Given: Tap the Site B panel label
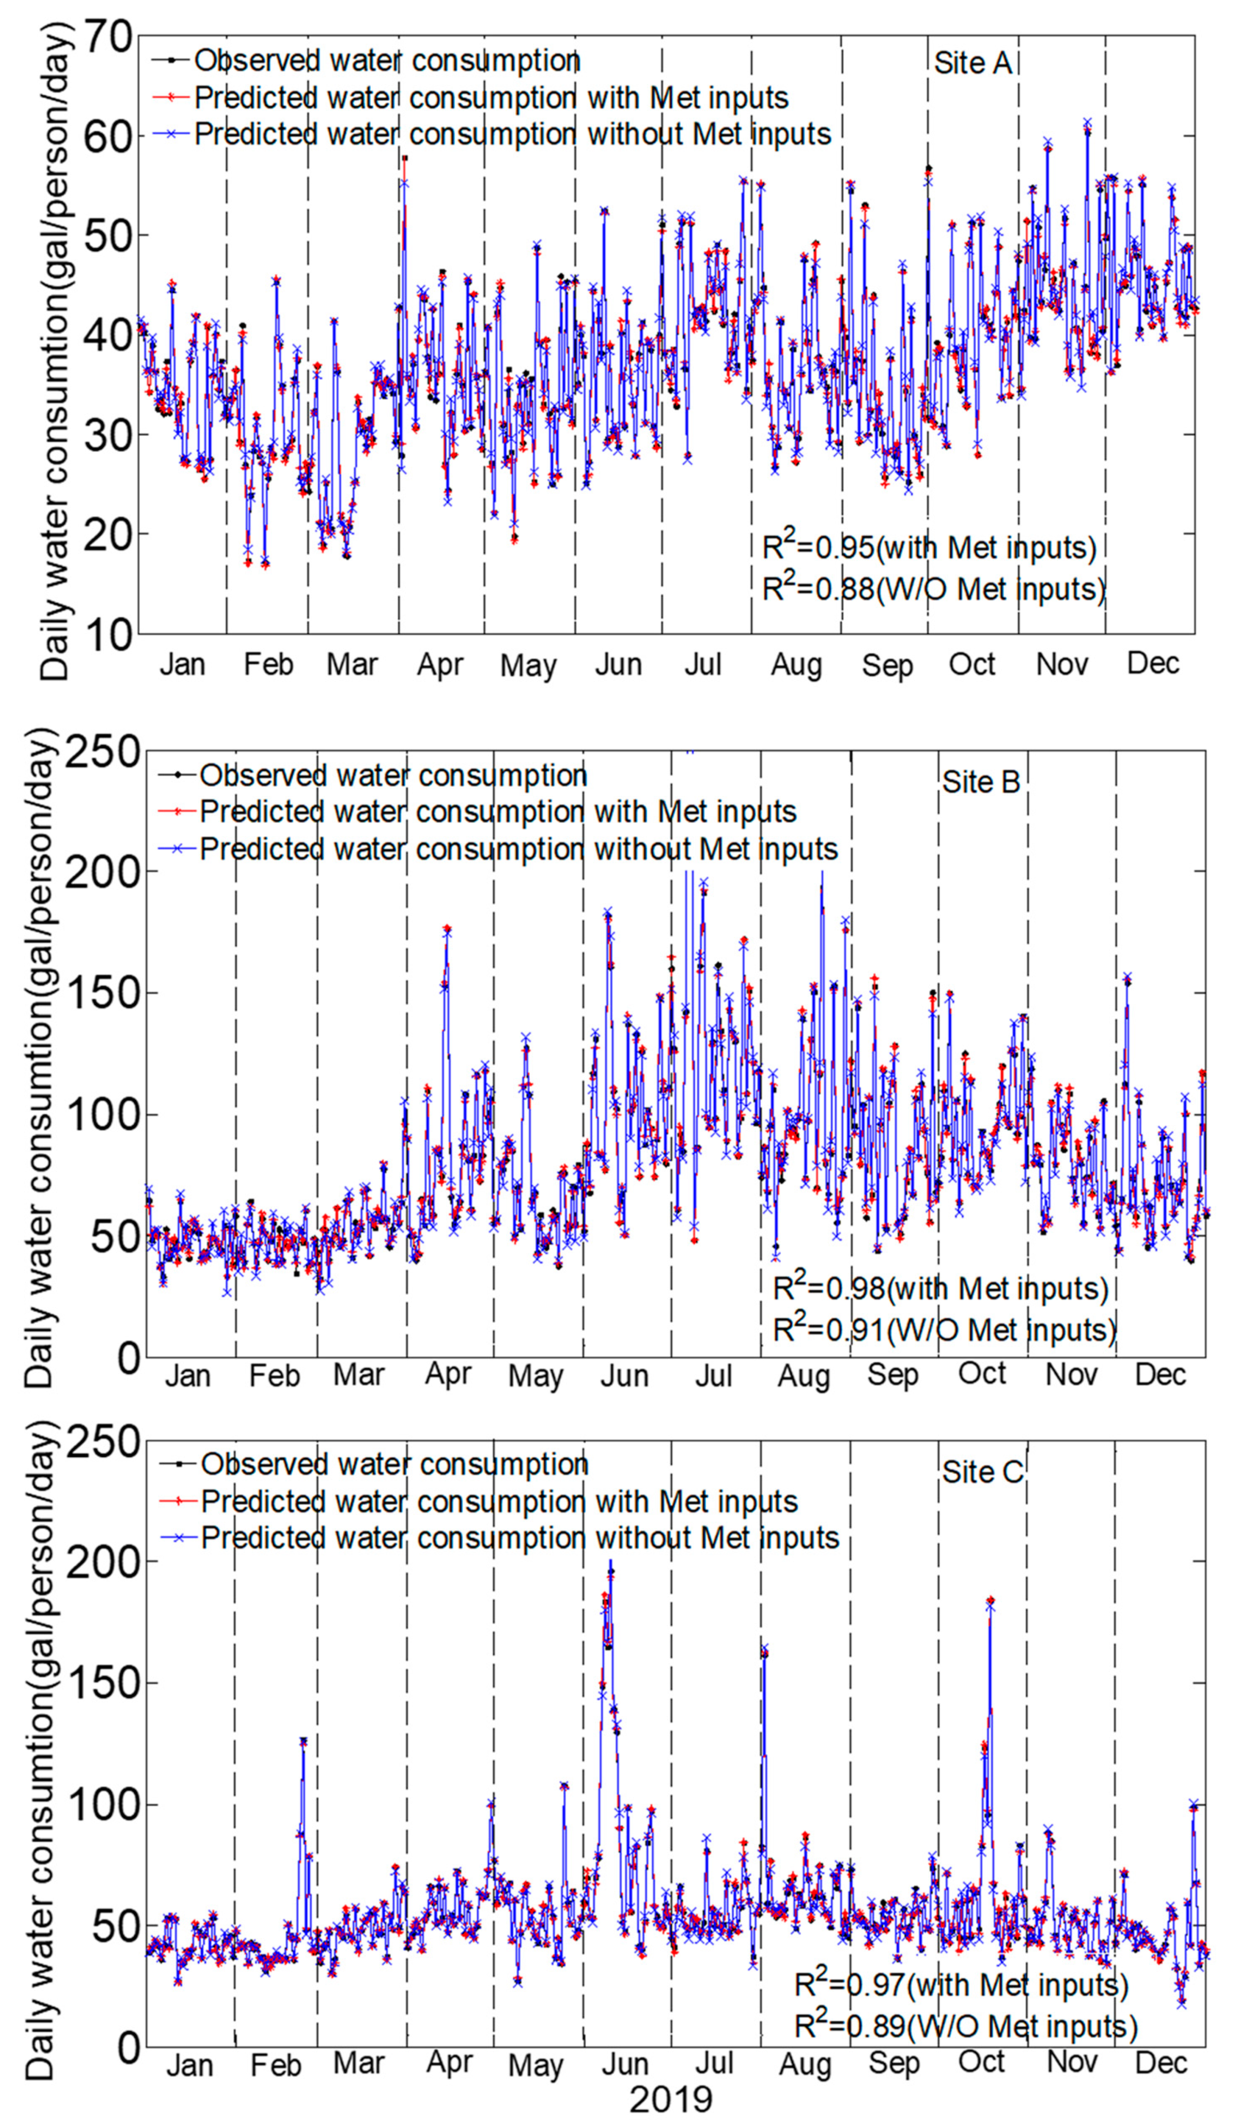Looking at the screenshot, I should pyautogui.click(x=980, y=782).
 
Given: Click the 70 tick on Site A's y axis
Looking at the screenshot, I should pyautogui.click(x=108, y=37).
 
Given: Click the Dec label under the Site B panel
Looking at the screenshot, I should pyautogui.click(x=1160, y=1375).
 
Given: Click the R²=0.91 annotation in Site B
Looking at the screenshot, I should pyautogui.click(x=945, y=1329).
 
